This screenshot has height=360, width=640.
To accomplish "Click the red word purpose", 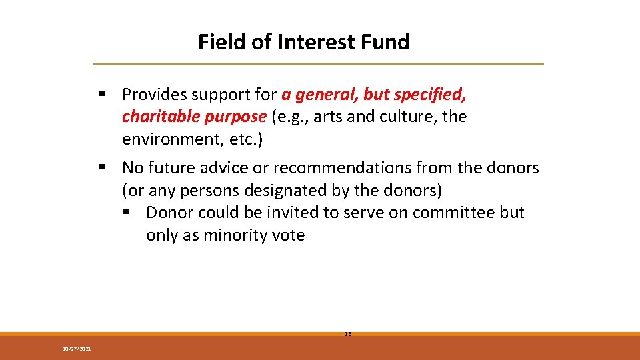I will click(235, 117).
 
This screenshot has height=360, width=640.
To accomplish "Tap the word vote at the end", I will click(287, 235).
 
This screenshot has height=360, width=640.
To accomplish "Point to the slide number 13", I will click(347, 333).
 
